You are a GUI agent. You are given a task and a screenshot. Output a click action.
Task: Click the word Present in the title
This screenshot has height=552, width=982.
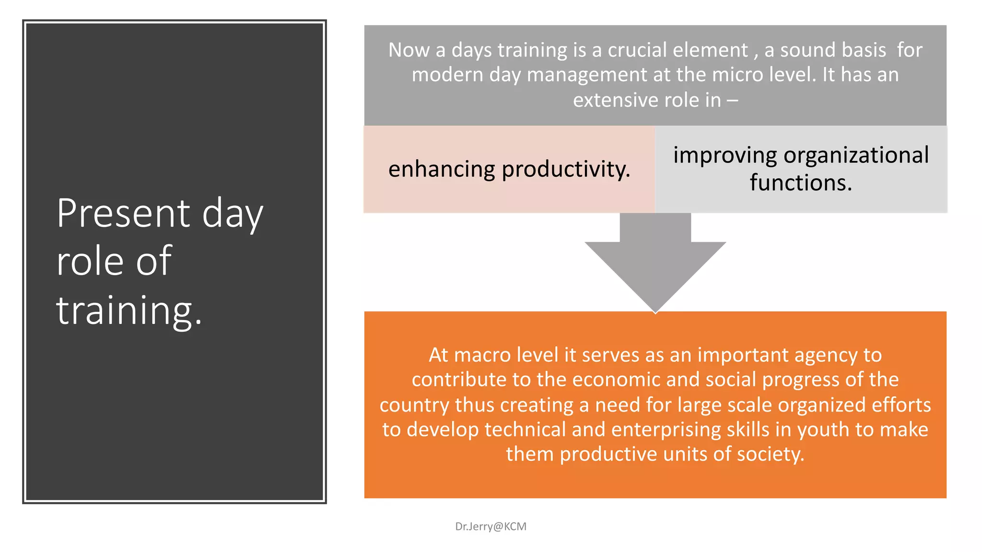point(123,213)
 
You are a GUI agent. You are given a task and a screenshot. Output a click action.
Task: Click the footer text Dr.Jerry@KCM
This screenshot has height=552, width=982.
point(491,526)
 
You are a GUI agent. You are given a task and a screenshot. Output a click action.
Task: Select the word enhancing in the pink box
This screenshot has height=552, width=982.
point(441,170)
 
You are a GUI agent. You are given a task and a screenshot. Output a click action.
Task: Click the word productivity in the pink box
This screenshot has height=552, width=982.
point(566,170)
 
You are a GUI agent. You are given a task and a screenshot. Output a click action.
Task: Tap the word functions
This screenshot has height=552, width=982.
point(801,183)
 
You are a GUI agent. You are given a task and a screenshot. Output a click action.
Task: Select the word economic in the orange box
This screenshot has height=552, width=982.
point(616,379)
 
